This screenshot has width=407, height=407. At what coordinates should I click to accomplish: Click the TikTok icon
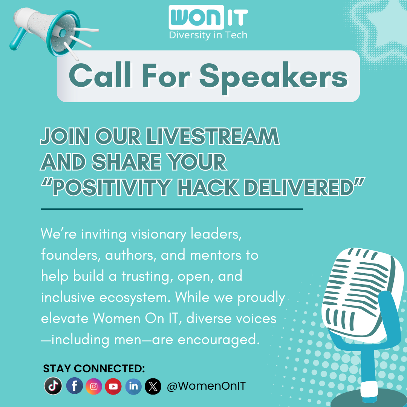[x=53, y=386]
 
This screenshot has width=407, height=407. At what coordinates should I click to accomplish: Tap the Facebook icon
[x=74, y=386]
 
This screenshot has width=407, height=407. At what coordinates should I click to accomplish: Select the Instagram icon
[x=94, y=386]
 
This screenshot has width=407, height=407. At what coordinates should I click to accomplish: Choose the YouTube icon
[x=113, y=386]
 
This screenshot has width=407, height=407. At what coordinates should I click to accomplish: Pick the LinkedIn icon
[x=133, y=386]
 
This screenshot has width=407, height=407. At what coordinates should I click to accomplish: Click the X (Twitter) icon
[x=153, y=386]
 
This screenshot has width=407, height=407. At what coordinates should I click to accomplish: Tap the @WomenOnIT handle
[x=206, y=386]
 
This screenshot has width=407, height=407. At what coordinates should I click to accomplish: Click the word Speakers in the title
[x=273, y=77]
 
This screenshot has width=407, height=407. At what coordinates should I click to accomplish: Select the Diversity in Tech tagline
[x=208, y=35]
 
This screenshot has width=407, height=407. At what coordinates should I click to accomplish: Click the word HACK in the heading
[x=208, y=188]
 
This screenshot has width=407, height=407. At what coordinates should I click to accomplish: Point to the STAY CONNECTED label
[x=94, y=369]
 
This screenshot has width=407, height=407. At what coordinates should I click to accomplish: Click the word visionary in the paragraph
[x=158, y=234]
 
